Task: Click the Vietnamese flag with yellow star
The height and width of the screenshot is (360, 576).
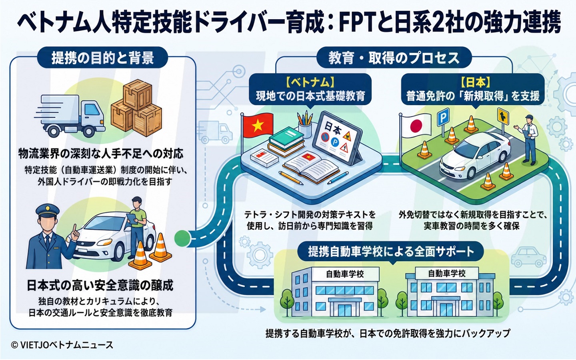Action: point(258,126)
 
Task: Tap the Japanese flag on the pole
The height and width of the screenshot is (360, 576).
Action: point(416,126)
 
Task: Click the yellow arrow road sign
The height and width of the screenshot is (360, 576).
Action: point(503,116)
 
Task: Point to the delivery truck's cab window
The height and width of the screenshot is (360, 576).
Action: point(92,110)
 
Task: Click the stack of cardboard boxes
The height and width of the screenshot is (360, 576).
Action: point(136,108)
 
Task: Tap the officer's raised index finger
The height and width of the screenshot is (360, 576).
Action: point(74,230)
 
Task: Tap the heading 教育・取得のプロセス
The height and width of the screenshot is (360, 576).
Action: point(394,58)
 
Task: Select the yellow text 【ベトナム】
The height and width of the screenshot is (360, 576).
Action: point(310,82)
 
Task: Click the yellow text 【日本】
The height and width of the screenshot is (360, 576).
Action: point(473,82)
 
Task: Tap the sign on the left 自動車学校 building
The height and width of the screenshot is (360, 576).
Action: point(345,274)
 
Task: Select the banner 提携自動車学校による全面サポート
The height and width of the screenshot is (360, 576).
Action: point(391,252)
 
